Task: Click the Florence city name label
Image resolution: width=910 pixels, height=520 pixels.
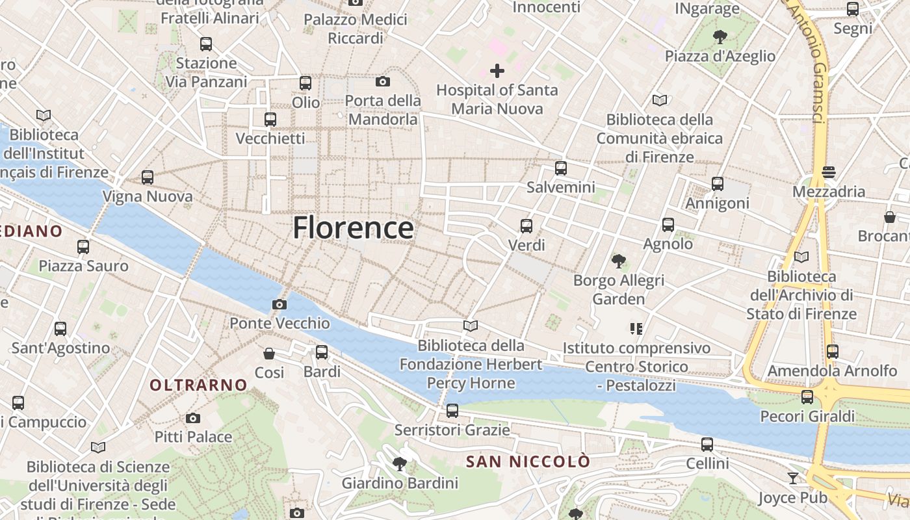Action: [x=353, y=228]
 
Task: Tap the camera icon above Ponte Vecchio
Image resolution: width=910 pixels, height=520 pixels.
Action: [x=279, y=304]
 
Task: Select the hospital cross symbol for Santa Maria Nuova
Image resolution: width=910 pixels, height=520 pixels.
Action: [x=497, y=70]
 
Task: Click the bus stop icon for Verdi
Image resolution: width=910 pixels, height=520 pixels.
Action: [x=526, y=226]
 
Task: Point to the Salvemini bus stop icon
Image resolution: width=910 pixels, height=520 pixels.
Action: [x=561, y=168]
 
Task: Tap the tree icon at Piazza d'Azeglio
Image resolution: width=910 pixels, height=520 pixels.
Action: [x=720, y=36]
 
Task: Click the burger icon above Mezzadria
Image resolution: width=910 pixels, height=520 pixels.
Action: [x=828, y=172]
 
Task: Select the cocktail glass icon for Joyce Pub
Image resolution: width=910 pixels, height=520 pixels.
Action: [x=793, y=478]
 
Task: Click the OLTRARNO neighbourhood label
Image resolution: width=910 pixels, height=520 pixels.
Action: [x=198, y=385]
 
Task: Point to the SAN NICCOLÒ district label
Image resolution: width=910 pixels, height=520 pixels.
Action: [x=528, y=461]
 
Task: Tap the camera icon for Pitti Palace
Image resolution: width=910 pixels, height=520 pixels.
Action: [x=193, y=418]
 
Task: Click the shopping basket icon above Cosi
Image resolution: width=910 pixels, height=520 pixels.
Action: [x=269, y=354]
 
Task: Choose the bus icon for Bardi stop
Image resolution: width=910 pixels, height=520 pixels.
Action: [x=322, y=352]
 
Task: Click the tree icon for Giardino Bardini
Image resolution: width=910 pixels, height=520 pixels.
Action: [x=400, y=463]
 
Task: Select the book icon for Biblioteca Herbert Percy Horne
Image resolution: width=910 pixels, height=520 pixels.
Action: [x=471, y=326]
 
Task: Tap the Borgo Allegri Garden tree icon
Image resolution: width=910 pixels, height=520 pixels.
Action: [x=618, y=261]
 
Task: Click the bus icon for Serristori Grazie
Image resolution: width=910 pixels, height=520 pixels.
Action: [x=452, y=411]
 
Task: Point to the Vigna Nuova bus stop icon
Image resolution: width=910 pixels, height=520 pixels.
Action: [x=148, y=177]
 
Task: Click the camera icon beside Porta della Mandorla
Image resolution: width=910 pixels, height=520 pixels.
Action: [x=383, y=81]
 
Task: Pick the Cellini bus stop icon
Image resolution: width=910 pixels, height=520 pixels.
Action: [x=707, y=445]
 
